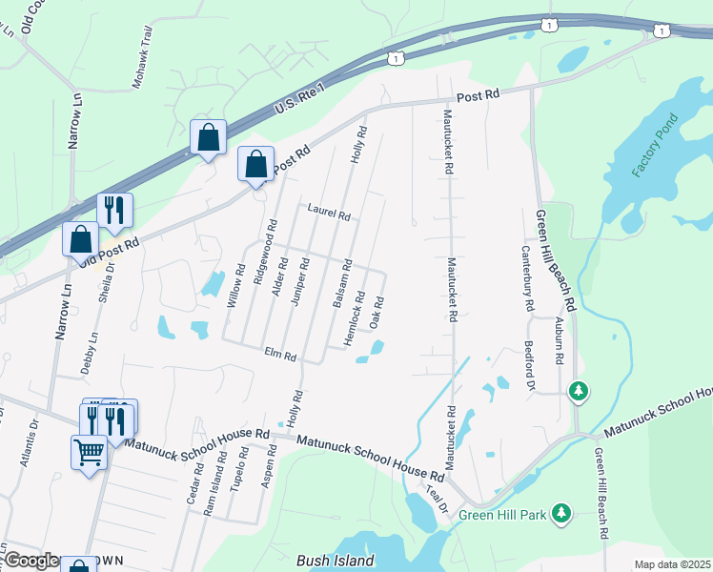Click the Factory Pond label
[655, 145]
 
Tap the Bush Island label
[336, 561]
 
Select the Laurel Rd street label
[329, 212]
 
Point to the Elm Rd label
[281, 355]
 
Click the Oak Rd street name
[377, 314]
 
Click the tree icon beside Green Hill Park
[562, 514]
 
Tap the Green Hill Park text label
[502, 516]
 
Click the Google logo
[31, 561]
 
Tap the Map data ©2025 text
[672, 564]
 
